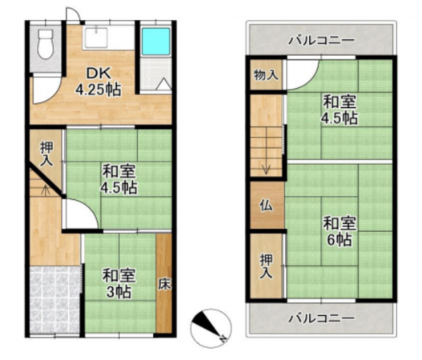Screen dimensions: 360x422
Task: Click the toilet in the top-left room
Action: pyautogui.click(x=45, y=41)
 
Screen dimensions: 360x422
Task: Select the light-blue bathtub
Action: pyautogui.click(x=155, y=42)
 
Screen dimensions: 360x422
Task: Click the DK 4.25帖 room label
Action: pyautogui.click(x=98, y=82)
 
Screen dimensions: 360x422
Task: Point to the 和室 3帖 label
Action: pyautogui.click(x=119, y=282)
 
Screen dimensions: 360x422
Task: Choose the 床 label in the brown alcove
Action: pyautogui.click(x=163, y=282)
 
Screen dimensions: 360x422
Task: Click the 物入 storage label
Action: pyautogui.click(x=266, y=76)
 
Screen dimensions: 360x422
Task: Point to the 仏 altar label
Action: pyautogui.click(x=265, y=203)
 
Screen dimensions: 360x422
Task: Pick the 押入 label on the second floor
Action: pyautogui.click(x=265, y=267)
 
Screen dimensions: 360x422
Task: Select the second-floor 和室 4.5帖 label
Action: pyautogui.click(x=339, y=110)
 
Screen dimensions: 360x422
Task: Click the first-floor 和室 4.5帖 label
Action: pyautogui.click(x=119, y=179)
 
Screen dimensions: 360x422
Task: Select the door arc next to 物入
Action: pyautogui.click(x=296, y=74)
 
